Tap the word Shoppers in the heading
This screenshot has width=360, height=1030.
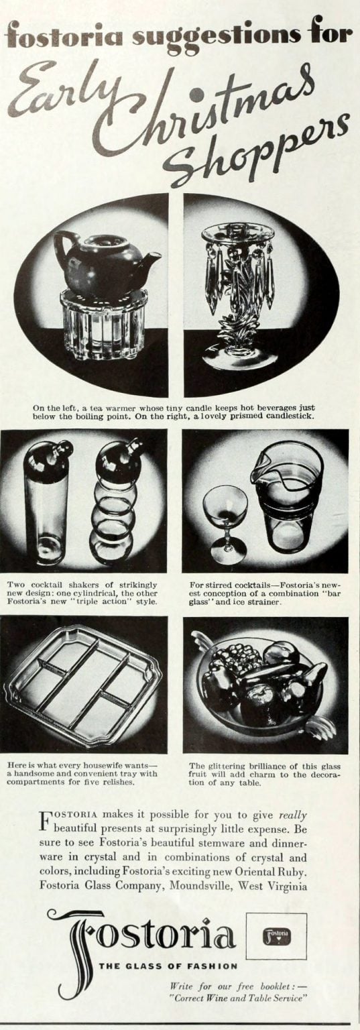(258, 151)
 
